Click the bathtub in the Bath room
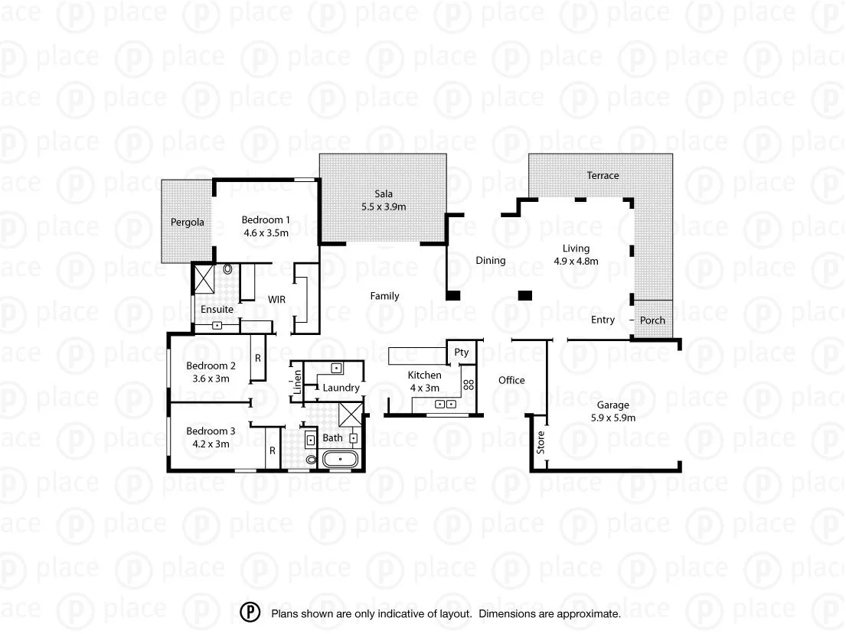tap(337, 460)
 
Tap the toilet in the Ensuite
tap(228, 270)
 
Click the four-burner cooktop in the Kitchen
tap(469, 384)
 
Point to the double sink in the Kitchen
tap(446, 404)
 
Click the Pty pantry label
tap(461, 353)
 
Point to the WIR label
tap(276, 300)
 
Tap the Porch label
tap(652, 320)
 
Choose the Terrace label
tap(603, 176)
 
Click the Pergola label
tap(188, 223)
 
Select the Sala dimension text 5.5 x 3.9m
tap(384, 206)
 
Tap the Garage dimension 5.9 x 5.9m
tap(613, 418)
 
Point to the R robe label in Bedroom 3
tap(272, 451)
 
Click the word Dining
tap(490, 261)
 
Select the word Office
tap(511, 380)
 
